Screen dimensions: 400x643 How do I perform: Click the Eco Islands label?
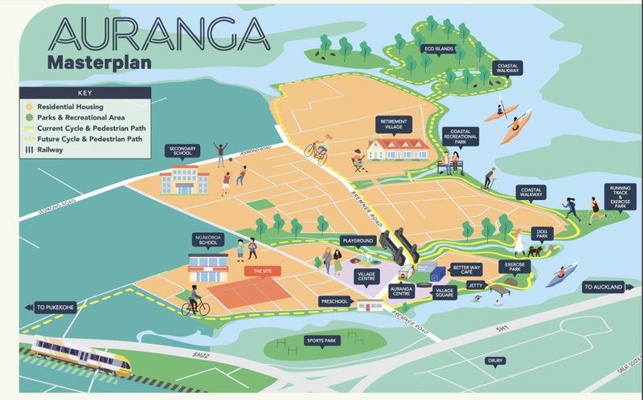442,49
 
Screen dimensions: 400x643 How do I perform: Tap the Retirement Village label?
394,124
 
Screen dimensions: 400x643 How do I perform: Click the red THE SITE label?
262,272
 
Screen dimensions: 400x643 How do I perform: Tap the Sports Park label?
319,341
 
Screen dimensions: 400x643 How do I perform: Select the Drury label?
496,361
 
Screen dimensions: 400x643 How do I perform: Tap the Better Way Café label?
466,270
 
